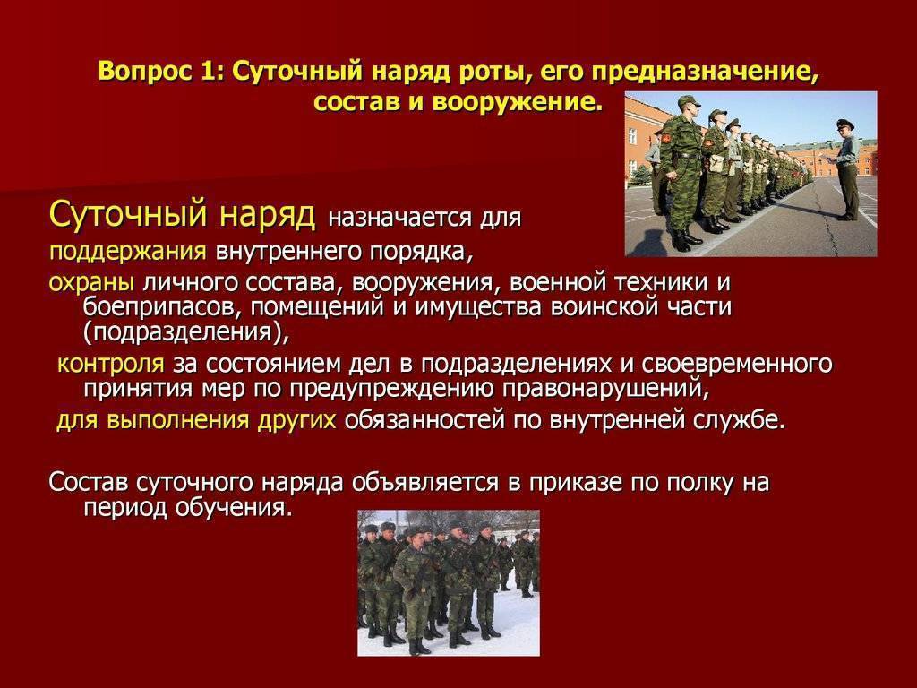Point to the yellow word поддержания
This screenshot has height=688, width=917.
[127, 252]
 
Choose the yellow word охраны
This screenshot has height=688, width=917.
[92, 283]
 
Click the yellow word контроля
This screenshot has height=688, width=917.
[110, 364]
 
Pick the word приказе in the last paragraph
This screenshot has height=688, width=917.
[579, 484]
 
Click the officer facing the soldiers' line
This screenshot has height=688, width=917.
[845, 169]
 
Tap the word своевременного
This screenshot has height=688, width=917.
[737, 364]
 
